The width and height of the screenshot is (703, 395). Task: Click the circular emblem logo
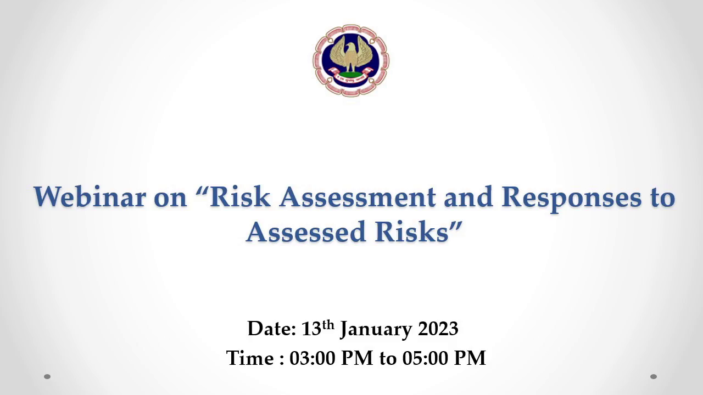tap(351, 60)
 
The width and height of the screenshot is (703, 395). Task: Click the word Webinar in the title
tap(90, 197)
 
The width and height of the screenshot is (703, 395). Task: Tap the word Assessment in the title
tap(358, 197)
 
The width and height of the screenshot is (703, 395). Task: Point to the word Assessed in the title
tap(306, 232)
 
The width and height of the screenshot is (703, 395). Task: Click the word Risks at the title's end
tap(411, 232)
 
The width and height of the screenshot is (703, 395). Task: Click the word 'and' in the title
tap(468, 197)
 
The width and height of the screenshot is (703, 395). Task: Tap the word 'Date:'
tap(272, 329)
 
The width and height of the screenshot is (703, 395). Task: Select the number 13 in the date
tap(311, 329)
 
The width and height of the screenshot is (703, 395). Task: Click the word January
tap(376, 330)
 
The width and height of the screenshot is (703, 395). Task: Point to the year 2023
tap(438, 329)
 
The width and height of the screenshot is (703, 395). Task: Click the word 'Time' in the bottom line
tap(250, 358)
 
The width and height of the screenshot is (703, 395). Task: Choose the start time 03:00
tap(313, 358)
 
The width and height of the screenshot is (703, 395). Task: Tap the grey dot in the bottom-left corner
tap(47, 376)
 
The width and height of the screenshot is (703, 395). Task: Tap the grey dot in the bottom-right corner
tap(654, 376)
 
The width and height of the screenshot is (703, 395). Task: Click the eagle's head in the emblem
tap(350, 47)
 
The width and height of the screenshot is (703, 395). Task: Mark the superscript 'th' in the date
tap(328, 325)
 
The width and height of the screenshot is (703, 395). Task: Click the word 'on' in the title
tap(170, 199)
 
